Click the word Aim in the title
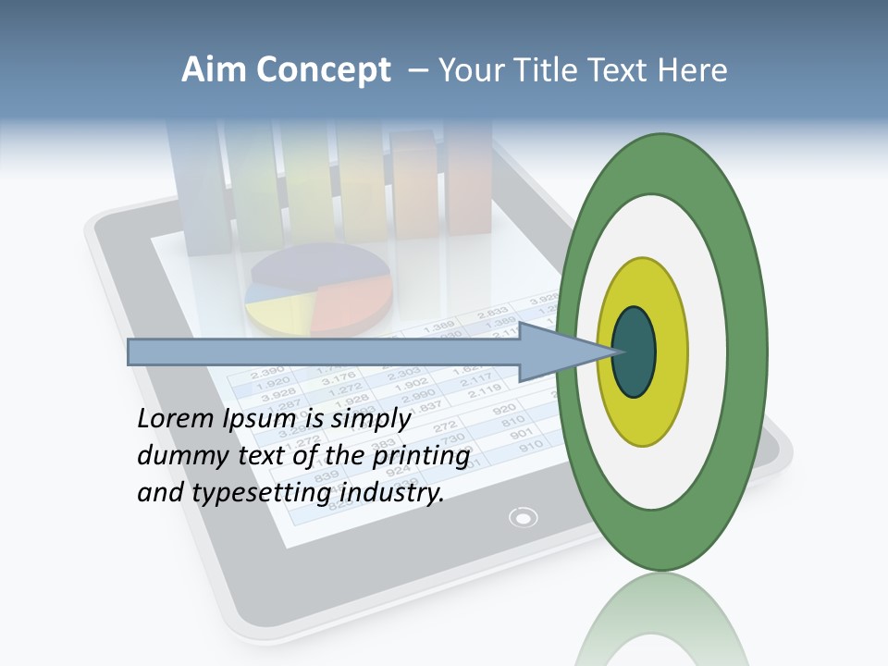(215, 70)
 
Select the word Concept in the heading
(323, 71)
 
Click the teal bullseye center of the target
(634, 352)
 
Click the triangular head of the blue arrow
(564, 351)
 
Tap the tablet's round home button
(524, 517)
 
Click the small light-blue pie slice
(263, 291)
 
